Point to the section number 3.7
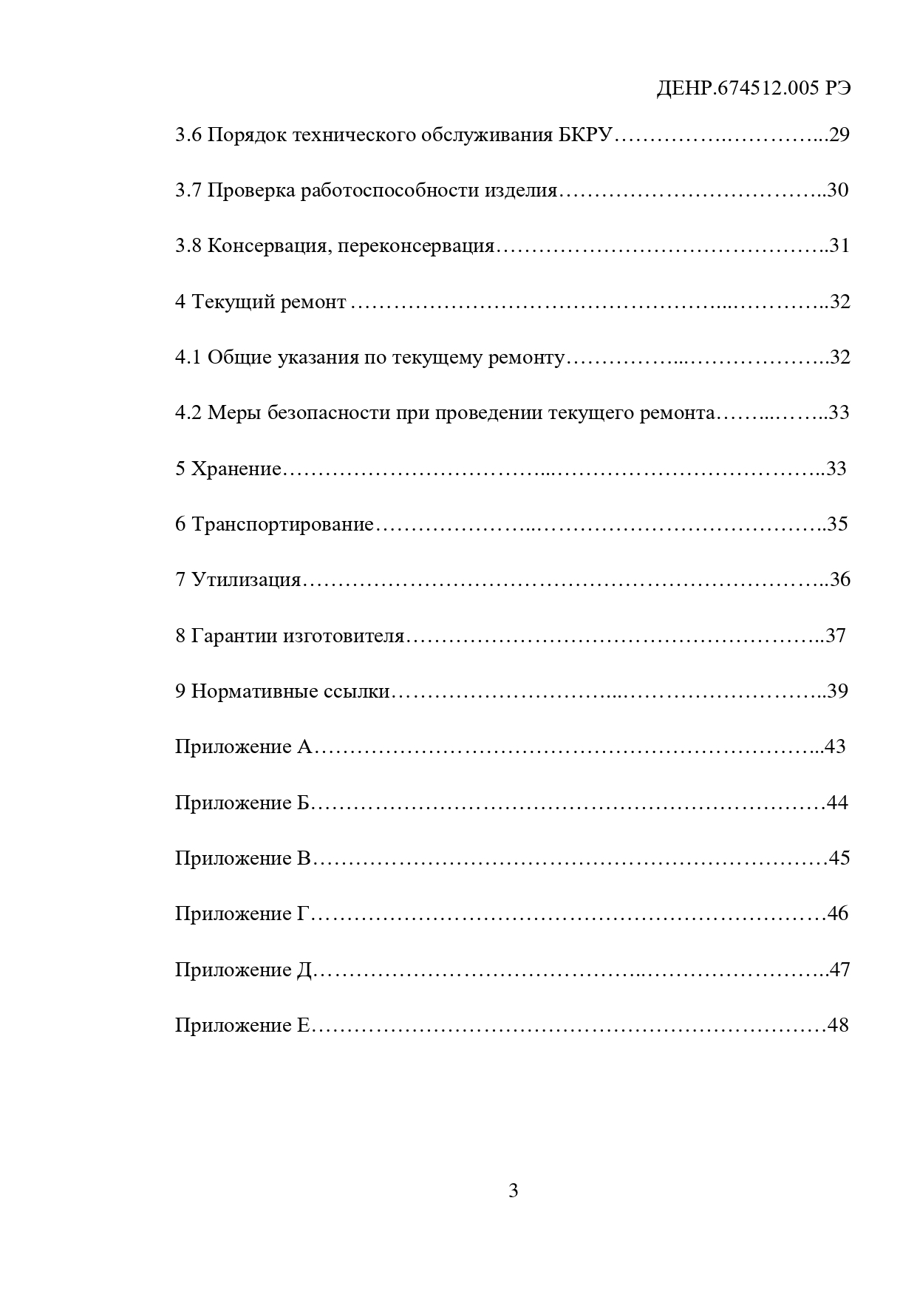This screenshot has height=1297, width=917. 188,191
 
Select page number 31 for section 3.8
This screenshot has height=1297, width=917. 840,246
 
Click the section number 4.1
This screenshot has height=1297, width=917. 188,358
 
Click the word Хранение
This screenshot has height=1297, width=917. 236,469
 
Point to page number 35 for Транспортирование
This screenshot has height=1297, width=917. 838,525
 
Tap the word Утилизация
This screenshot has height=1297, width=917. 246,580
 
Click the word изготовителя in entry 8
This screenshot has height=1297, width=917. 344,636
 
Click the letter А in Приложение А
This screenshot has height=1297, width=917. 304,747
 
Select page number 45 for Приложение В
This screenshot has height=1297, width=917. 840,858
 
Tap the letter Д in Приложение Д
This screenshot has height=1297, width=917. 305,970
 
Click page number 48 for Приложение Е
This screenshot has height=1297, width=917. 839,1025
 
